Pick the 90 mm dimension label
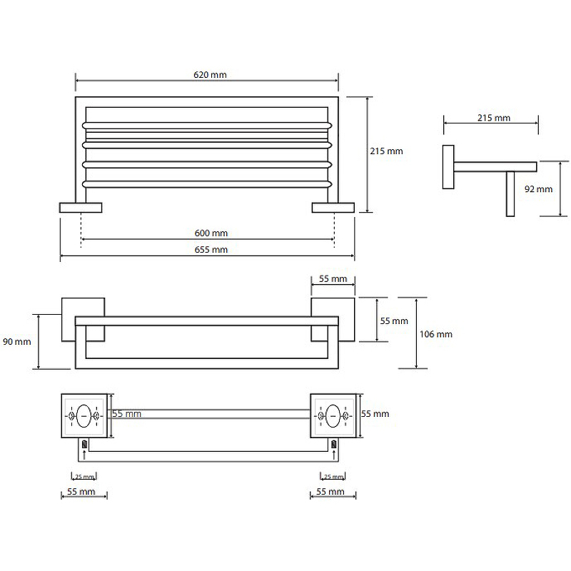(x=17, y=342)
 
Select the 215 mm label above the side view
(x=493, y=118)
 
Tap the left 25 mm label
(x=84, y=476)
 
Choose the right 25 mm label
(x=333, y=476)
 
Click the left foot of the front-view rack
(x=81, y=208)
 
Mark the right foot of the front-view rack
(x=333, y=208)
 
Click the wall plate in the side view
(x=448, y=167)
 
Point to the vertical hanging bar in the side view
(x=511, y=193)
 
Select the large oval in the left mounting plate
(x=84, y=415)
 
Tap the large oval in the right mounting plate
(x=333, y=415)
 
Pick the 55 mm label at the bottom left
(x=81, y=492)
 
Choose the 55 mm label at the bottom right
(x=330, y=492)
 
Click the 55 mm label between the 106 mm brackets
(x=395, y=321)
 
